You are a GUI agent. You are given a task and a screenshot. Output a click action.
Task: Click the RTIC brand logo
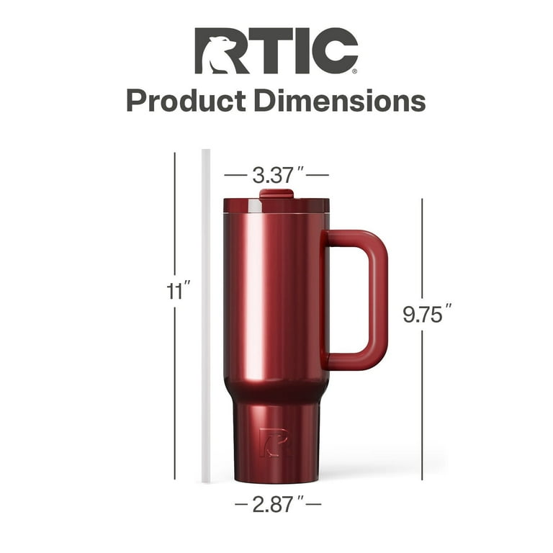tap(276, 51)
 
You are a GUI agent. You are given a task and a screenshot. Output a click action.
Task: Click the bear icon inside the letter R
tap(219, 56)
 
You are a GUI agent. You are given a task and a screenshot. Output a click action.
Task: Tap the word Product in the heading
tap(186, 100)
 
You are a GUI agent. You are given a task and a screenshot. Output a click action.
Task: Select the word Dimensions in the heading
tap(338, 100)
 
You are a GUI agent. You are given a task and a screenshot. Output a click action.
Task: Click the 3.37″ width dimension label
tap(276, 174)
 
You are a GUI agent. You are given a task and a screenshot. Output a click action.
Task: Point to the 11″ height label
tap(175, 291)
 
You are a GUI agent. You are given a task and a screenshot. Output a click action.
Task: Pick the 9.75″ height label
tap(427, 315)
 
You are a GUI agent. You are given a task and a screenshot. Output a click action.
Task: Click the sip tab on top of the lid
tap(276, 193)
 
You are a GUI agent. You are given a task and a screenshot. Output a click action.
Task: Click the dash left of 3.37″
tap(235, 175)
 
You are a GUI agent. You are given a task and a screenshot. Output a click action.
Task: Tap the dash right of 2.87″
tap(313, 505)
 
